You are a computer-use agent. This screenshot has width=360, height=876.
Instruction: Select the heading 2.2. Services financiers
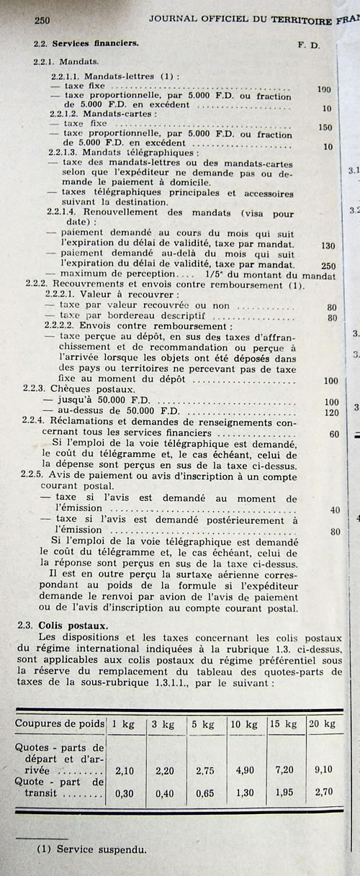coord(86,44)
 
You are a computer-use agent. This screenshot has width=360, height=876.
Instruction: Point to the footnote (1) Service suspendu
coord(91,849)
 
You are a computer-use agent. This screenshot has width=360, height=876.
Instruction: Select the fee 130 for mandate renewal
coord(327,245)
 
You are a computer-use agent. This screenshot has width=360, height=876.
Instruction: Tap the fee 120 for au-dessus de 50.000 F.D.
coord(330,412)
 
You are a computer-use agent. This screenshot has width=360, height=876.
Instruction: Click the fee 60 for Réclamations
coord(333,434)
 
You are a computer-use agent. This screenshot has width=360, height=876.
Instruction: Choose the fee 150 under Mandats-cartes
coord(325,127)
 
